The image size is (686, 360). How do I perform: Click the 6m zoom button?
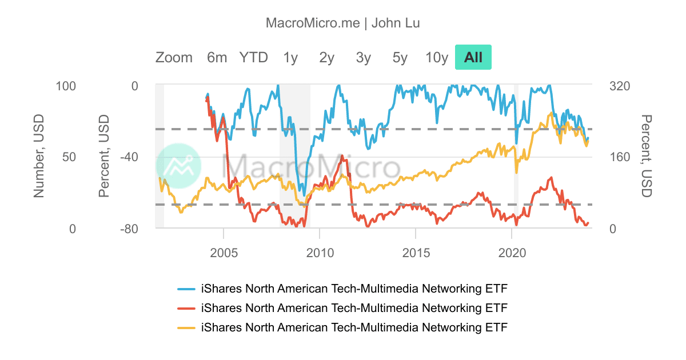pos(217,57)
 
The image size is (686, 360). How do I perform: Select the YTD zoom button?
pos(253,57)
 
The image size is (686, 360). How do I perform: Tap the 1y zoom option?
pos(290,57)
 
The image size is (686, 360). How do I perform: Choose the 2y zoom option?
pos(326,57)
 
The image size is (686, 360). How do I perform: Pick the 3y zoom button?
pos(363,57)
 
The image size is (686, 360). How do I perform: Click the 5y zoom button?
pos(400,57)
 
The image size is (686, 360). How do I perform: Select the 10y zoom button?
pos(437,57)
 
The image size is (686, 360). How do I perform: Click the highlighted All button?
pos(473,57)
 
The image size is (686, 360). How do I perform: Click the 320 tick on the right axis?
pos(620,86)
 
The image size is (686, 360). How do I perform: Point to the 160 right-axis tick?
pos(620,157)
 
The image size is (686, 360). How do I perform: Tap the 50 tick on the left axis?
pos(69,157)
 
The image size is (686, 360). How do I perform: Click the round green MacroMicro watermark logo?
pos(178,166)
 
